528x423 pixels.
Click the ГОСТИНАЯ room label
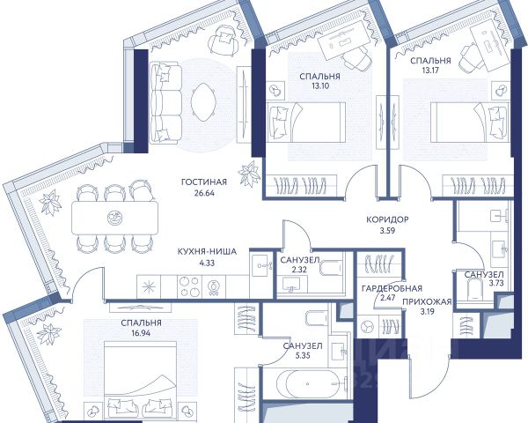(204, 182)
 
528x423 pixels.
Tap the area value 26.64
(204, 193)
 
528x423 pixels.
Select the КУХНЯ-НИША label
(207, 252)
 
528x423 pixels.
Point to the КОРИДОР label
(387, 219)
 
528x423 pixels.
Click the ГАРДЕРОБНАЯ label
(392, 288)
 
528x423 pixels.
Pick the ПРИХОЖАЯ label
(427, 301)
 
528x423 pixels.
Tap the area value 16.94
(141, 334)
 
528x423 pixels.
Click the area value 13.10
(320, 85)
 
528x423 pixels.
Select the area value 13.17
(430, 70)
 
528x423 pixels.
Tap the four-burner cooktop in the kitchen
(189, 286)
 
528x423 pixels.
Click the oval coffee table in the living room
(203, 102)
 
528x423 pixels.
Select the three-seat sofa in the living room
(165, 102)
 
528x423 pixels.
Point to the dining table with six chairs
(114, 218)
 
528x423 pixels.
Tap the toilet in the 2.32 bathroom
(330, 269)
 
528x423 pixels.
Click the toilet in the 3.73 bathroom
(475, 291)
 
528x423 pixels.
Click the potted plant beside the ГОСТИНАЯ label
(250, 174)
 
